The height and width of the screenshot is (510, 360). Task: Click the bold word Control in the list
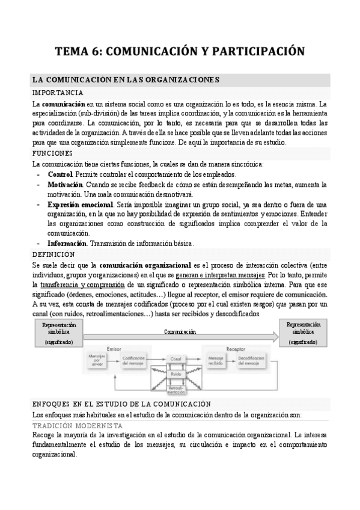click(61, 174)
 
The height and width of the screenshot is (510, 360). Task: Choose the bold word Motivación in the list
click(65, 184)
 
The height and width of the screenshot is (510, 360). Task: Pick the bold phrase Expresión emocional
click(81, 204)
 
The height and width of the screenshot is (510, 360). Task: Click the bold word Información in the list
click(67, 243)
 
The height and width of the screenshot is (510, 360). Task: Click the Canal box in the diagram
click(176, 358)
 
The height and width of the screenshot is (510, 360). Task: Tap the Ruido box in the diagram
click(176, 373)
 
